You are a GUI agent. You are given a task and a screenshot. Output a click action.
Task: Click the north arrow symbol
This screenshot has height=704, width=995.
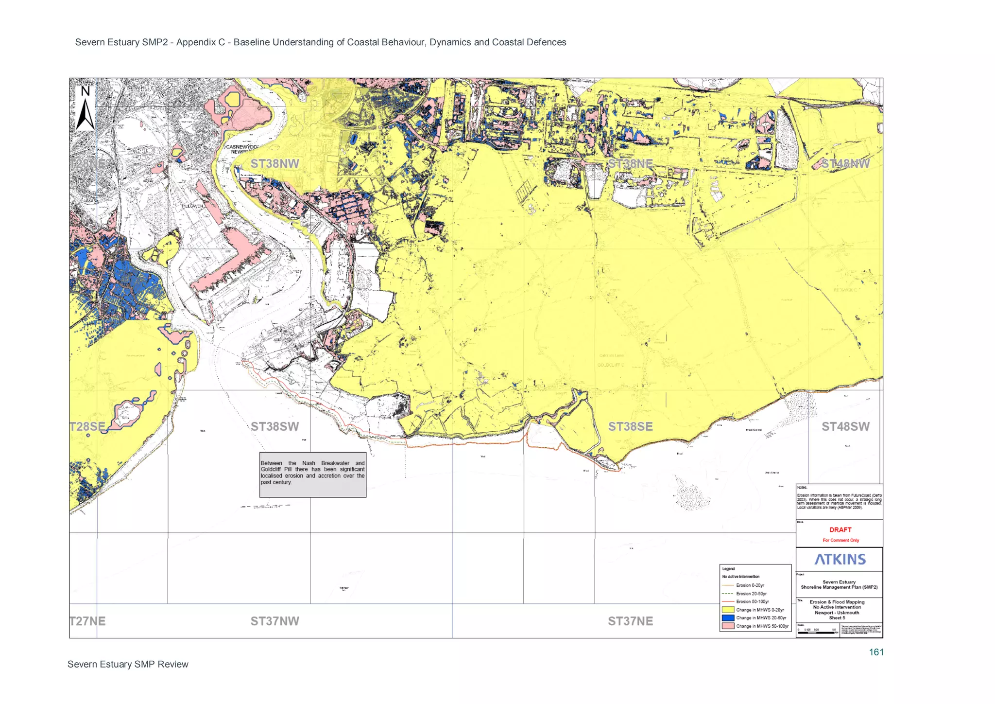pos(85,109)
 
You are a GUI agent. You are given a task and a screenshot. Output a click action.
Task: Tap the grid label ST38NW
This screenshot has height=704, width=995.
pos(274,164)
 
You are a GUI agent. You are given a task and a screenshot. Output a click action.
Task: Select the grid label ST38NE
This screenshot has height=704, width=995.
pos(630,164)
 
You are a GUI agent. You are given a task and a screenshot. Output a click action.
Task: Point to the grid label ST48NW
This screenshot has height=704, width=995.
pos(845,164)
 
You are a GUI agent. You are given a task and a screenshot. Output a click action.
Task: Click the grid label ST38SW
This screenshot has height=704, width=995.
pos(274,426)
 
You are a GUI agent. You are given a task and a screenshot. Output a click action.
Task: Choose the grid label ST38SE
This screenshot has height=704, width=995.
pos(630,426)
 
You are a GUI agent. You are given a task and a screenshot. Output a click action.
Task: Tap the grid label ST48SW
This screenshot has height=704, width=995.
pos(845,426)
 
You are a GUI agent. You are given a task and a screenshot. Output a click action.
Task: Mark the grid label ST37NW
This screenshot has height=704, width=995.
pos(274,621)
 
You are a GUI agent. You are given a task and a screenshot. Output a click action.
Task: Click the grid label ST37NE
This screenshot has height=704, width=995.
pos(630,621)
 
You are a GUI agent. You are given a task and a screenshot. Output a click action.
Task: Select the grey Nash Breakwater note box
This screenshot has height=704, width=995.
pos(312,475)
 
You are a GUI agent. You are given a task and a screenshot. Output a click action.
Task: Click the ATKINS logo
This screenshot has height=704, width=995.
pos(840,559)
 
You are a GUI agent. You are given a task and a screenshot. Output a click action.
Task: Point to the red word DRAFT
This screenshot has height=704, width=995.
pos(840,529)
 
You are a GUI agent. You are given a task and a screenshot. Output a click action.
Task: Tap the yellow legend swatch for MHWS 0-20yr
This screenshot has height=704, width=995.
pos(727,610)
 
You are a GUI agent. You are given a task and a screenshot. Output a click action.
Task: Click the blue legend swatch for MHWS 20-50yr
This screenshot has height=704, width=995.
pos(727,618)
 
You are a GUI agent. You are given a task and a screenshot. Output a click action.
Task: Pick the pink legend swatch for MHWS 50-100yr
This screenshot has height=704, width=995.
pos(727,626)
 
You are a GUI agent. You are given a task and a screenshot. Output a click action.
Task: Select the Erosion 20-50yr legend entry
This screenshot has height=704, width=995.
pos(751,594)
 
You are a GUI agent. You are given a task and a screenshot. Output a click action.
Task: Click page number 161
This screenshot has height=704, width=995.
pos(876,652)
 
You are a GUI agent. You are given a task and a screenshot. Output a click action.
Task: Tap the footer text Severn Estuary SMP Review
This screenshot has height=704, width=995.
pos(128,664)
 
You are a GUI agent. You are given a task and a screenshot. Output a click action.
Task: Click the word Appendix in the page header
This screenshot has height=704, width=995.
pos(197,42)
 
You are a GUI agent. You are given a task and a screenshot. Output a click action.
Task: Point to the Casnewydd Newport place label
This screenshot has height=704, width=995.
pos(242,149)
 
